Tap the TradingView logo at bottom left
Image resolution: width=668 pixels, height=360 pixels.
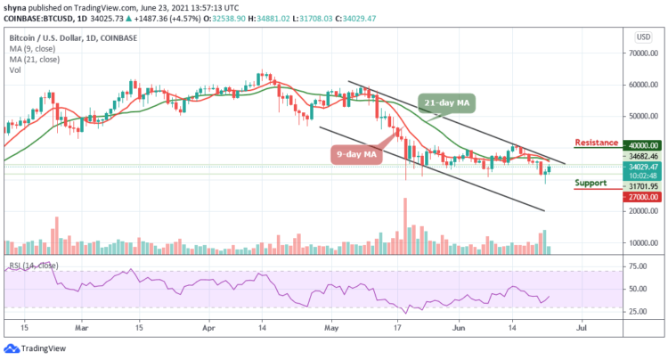[x=39, y=349]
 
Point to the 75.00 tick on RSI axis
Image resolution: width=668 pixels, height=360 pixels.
[x=639, y=266]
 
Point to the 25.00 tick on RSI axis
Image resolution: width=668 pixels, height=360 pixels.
[x=639, y=312]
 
